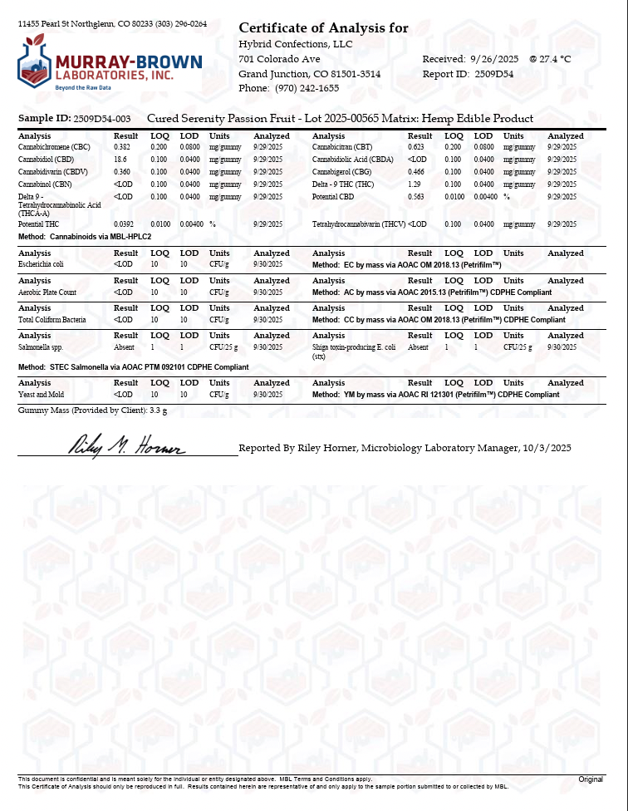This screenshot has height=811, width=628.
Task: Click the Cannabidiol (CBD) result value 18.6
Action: point(120,159)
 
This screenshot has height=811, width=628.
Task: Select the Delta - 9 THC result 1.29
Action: point(415,184)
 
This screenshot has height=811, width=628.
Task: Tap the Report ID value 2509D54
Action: point(495,74)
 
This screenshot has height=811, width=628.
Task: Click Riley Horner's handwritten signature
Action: point(125,447)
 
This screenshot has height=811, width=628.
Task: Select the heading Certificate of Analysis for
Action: point(323,28)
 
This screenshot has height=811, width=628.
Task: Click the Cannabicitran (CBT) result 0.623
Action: point(416,146)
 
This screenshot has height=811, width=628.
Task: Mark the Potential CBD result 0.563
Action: point(416,197)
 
